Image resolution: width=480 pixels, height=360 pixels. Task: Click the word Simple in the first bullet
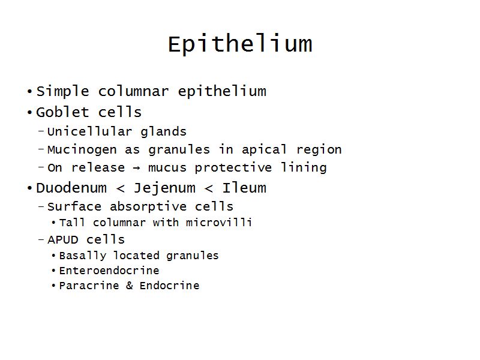(x=63, y=92)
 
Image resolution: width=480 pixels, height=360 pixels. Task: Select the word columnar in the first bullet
(x=133, y=91)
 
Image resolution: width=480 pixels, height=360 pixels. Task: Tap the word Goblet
(x=62, y=112)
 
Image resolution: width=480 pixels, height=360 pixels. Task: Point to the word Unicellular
(x=89, y=131)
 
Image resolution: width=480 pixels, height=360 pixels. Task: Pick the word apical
(x=264, y=150)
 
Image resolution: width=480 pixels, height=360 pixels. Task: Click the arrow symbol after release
(x=137, y=168)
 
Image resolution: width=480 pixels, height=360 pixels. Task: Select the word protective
(x=233, y=168)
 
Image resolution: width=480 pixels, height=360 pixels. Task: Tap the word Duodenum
(x=71, y=188)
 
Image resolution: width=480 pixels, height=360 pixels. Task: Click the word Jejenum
(x=164, y=188)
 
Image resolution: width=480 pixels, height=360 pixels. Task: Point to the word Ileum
(x=244, y=188)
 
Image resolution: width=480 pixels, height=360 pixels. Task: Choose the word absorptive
(x=148, y=206)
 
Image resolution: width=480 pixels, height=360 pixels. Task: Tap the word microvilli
(x=219, y=223)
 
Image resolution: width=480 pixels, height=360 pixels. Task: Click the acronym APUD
(x=63, y=239)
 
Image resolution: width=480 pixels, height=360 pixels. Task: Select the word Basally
(x=83, y=256)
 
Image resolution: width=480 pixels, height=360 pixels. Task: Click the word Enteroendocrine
(x=109, y=271)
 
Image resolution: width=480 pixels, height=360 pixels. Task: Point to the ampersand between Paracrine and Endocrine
(x=129, y=286)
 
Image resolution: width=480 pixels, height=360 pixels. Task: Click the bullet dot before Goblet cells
(x=29, y=113)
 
